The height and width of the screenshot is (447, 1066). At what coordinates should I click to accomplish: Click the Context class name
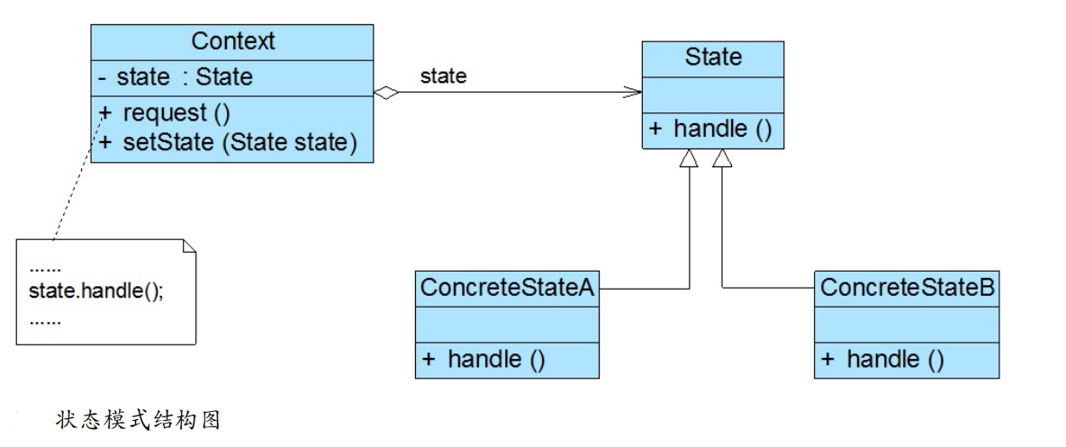pyautogui.click(x=232, y=41)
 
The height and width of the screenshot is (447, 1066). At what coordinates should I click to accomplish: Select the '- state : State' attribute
pyautogui.click(x=176, y=77)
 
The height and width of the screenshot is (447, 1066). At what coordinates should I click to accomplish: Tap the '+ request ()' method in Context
pyautogui.click(x=165, y=114)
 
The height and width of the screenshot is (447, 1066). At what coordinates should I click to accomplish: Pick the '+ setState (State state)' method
pyautogui.click(x=229, y=142)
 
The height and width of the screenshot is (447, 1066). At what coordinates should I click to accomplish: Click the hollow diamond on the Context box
pyautogui.click(x=386, y=93)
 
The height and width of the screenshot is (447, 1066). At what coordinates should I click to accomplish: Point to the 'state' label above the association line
pyautogui.click(x=443, y=76)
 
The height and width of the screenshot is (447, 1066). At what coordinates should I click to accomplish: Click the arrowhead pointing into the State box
pyautogui.click(x=633, y=92)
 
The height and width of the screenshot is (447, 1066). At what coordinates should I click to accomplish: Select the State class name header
pyautogui.click(x=713, y=58)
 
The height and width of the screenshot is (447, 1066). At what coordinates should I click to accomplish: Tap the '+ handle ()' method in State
pyautogui.click(x=710, y=130)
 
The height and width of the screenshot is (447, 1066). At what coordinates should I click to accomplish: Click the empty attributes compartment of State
pyautogui.click(x=713, y=94)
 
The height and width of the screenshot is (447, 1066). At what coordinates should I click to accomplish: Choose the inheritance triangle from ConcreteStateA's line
pyautogui.click(x=690, y=158)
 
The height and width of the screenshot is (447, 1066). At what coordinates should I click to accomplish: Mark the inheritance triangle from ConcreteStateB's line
pyautogui.click(x=722, y=158)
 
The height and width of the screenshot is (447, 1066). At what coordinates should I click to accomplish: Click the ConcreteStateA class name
pyautogui.click(x=506, y=288)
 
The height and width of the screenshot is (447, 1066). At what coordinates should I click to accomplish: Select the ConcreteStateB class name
pyautogui.click(x=907, y=288)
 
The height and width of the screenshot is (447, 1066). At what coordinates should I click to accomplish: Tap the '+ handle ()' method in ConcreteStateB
pyautogui.click(x=883, y=361)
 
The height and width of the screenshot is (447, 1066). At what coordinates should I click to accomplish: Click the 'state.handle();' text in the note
pyautogui.click(x=95, y=293)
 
